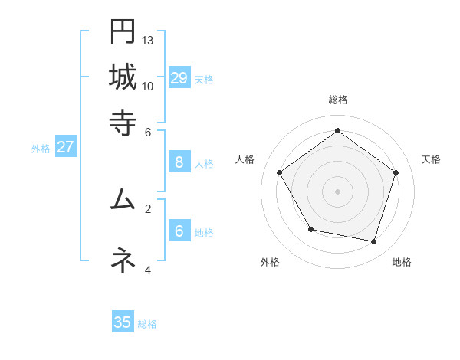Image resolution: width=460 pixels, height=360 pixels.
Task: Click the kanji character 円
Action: tap(123, 32)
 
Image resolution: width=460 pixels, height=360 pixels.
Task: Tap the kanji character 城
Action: tap(123, 77)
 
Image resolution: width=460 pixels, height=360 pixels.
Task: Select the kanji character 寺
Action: tap(123, 123)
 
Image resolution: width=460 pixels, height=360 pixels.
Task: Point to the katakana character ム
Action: tap(123, 201)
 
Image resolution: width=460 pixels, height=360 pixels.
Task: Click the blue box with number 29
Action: tap(179, 78)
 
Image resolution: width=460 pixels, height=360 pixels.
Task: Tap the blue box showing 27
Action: tap(65, 147)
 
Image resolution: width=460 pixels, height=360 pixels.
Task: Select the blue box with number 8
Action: tap(179, 162)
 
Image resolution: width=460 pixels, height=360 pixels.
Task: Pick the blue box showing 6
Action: tap(179, 231)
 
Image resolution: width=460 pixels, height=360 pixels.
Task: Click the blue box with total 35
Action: tap(123, 322)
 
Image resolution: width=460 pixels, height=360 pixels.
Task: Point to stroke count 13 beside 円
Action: tap(148, 40)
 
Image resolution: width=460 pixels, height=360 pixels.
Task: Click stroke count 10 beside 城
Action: tap(148, 86)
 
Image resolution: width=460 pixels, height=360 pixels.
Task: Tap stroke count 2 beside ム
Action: tap(148, 208)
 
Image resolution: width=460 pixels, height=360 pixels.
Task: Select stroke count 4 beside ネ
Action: tap(148, 270)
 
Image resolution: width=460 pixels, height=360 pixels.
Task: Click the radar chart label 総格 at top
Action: tap(337, 100)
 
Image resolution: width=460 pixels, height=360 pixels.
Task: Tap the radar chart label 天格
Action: tap(431, 159)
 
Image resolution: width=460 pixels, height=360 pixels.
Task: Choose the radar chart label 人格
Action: tap(245, 159)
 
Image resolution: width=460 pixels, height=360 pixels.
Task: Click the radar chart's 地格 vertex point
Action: tap(374, 242)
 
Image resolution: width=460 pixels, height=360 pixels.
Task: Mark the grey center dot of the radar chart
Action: tap(337, 191)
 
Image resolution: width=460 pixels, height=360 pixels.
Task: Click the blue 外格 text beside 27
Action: tap(41, 149)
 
